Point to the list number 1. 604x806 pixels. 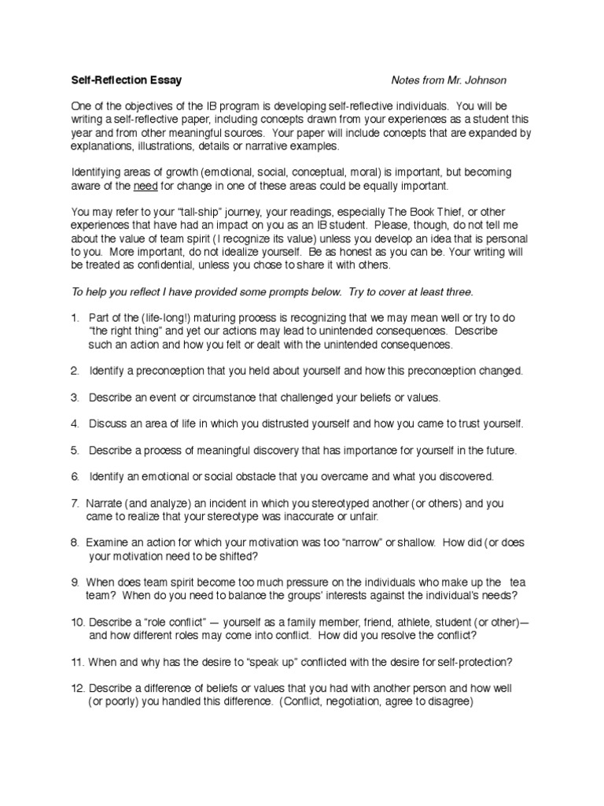pyautogui.click(x=74, y=317)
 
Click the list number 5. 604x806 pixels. pyautogui.click(x=74, y=450)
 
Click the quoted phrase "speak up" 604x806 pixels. pyautogui.click(x=258, y=662)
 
